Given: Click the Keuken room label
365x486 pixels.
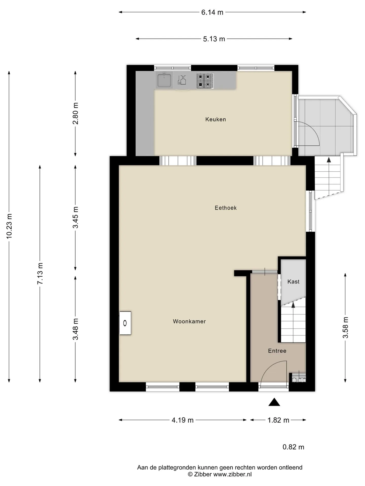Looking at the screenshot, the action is coord(215,119).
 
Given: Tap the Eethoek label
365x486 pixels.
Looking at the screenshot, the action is coord(226,208).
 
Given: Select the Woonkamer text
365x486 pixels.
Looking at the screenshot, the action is coord(189,321).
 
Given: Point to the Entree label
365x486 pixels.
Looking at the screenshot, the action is coord(277,351).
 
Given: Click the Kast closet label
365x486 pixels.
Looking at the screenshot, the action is coord(293,281).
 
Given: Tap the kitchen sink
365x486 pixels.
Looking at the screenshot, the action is coord(164,80).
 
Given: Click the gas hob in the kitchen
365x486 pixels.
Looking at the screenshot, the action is coord(205,81).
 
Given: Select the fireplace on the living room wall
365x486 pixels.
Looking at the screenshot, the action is coord(125,323).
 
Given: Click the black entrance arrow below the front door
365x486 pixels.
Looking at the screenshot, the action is coord(274,402).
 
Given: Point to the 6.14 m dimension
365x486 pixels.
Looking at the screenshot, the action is coord(212,12).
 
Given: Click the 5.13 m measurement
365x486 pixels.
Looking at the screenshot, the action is coord(214,39).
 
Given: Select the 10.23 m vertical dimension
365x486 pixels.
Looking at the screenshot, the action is coord(9,226).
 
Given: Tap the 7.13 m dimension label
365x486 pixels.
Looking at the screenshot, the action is coord(40,273).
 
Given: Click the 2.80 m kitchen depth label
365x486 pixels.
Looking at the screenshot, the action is coord(76,113).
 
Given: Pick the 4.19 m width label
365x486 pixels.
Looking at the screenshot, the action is coord(182,420).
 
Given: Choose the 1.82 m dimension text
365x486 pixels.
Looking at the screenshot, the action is coord(278,420).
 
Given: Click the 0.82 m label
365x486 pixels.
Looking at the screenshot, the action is coord(293,447).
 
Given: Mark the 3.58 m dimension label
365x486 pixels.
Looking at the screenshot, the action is coord(345,327).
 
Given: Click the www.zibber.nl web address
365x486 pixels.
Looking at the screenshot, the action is coord(232,474).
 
